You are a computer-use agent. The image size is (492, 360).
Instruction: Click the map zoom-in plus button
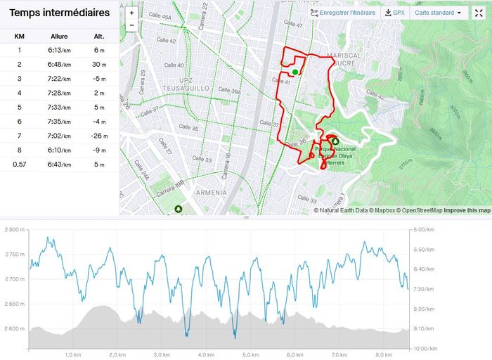(x=131, y=13)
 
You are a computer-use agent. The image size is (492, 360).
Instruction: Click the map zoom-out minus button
(x=131, y=25)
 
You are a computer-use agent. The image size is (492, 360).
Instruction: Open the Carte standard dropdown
(x=439, y=13)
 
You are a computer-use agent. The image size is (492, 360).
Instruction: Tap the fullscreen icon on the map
(x=478, y=13)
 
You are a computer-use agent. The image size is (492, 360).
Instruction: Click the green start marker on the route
(x=295, y=71)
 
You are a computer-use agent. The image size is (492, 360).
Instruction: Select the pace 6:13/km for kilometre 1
(x=59, y=50)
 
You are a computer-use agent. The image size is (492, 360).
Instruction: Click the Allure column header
(x=59, y=37)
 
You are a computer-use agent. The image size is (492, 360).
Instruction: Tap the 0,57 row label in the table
(x=20, y=165)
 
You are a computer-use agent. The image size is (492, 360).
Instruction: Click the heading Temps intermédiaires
(x=59, y=13)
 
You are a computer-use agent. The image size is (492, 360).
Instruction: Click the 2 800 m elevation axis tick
(x=14, y=229)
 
